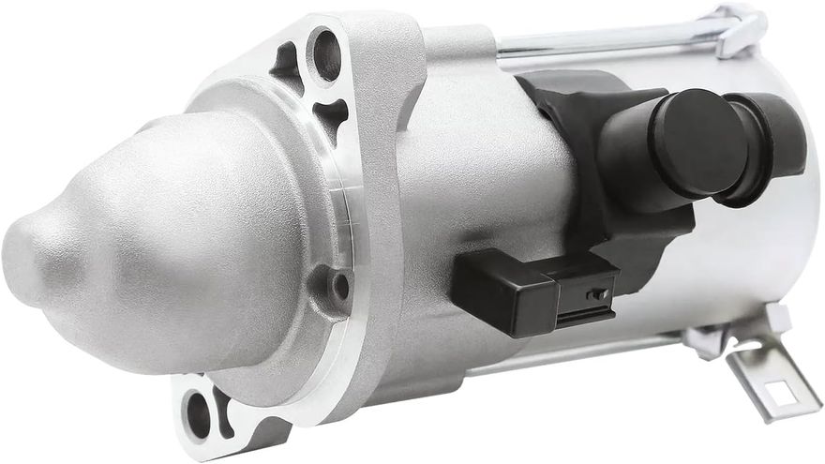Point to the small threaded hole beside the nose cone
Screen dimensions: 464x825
(339, 284)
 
